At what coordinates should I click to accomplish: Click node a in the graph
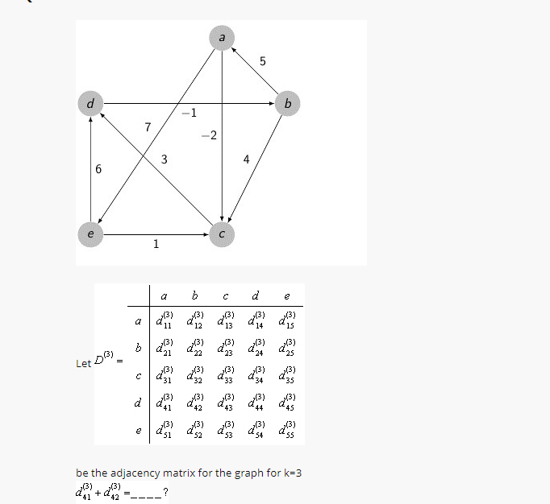click(222, 36)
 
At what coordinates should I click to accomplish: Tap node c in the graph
click(222, 234)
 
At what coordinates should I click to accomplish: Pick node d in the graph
click(90, 103)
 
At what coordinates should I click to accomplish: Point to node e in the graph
click(90, 234)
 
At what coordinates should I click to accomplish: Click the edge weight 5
click(263, 61)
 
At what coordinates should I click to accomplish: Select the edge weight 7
click(148, 126)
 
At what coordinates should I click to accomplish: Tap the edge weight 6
click(98, 170)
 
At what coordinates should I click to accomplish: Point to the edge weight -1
click(188, 112)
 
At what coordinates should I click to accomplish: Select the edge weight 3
click(164, 159)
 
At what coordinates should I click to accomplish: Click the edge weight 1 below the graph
click(156, 245)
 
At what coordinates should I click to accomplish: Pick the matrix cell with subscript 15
click(287, 320)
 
